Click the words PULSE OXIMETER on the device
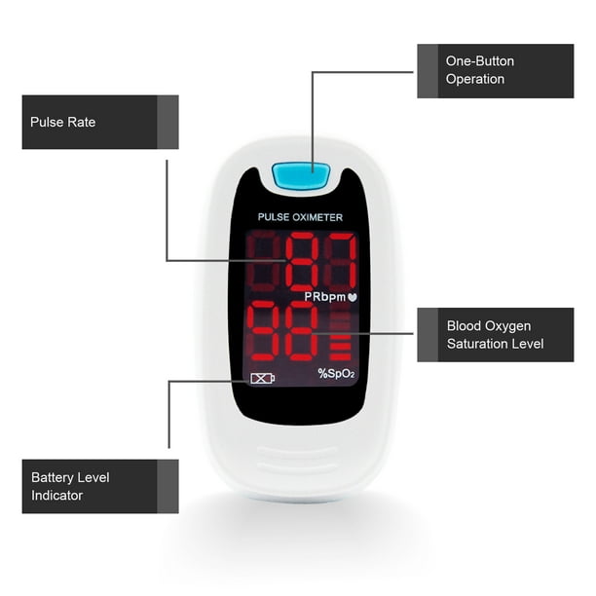300,217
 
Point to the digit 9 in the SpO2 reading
263,330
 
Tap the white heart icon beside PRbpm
353,297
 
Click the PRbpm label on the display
325,297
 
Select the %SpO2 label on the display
336,373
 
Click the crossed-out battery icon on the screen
262,379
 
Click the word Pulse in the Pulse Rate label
45,122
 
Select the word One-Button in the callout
480,61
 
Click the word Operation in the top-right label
475,79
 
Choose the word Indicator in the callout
57,496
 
